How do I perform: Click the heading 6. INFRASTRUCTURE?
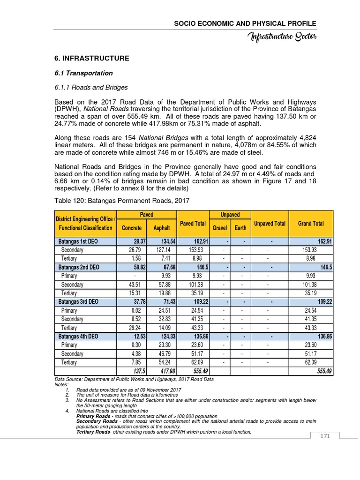click(x=92, y=59)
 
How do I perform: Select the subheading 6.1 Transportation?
click(x=84, y=73)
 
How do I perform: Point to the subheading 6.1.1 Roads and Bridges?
click(x=91, y=87)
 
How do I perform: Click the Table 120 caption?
click(x=122, y=201)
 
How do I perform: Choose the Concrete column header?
click(x=131, y=228)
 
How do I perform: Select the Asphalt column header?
click(x=162, y=228)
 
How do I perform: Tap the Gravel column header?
click(x=219, y=228)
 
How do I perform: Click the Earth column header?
click(x=240, y=228)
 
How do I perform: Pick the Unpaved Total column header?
click(x=270, y=224)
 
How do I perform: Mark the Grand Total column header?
click(x=311, y=224)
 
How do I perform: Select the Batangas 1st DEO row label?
click(x=78, y=241)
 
